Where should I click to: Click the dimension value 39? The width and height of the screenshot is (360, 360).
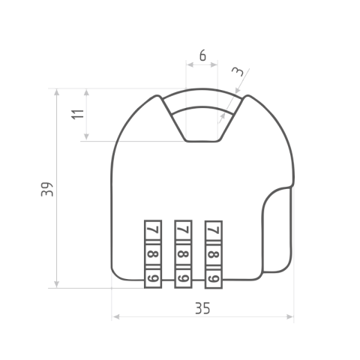coord(47,189)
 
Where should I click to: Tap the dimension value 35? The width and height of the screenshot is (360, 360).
coord(202,308)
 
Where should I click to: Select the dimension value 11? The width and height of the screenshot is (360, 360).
coord(78,115)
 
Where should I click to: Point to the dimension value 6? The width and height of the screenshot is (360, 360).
coord(202,55)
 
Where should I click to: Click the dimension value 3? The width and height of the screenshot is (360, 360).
coord(237,71)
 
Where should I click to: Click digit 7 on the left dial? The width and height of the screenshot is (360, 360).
coord(154,229)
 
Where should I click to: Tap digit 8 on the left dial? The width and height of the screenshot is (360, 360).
coord(153,254)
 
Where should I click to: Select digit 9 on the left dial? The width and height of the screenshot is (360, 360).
coord(153,278)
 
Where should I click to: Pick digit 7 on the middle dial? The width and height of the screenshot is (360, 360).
coord(184,229)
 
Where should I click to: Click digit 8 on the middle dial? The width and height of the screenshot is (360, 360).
coord(184,254)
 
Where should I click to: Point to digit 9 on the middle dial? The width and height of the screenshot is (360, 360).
coord(184,278)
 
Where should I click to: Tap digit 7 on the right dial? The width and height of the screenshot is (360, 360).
coord(214,230)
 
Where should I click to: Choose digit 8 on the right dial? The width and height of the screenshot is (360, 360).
coord(214,254)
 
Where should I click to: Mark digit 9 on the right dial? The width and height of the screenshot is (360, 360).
coord(214,278)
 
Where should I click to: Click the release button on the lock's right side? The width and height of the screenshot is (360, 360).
coord(277,230)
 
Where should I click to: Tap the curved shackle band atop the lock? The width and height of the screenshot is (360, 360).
coord(202,97)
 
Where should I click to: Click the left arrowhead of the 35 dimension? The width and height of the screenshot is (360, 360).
coord(116,317)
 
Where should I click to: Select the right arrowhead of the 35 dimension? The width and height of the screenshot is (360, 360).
coord(289,317)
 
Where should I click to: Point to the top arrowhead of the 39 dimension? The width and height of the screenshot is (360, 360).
coord(57,92)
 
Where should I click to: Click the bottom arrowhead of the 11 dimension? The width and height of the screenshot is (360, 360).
coord(86,136)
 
